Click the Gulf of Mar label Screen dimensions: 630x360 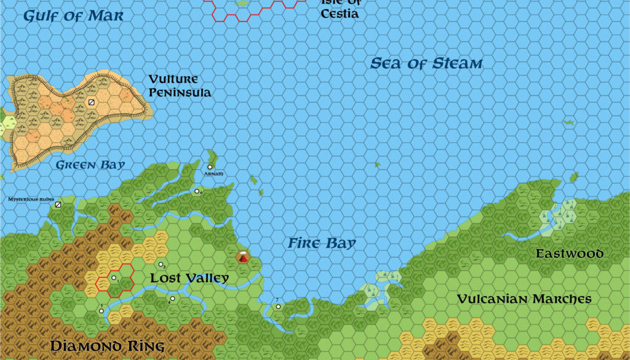coord(73,16)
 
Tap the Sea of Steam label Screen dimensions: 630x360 coord(426,63)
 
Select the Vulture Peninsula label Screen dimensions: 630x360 coord(180,86)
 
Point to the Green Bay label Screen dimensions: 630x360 coord(90,165)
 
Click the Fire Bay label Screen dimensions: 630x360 coord(322,244)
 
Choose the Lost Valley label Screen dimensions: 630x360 coord(189,278)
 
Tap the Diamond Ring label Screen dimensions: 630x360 coord(107,346)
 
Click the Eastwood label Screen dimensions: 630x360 coord(569,254)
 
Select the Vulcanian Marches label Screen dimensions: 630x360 coord(524,299)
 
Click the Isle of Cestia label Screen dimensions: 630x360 coord(339,9)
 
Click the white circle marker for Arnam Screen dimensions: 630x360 coord(210,167)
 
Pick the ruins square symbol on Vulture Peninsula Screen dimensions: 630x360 coord(92,103)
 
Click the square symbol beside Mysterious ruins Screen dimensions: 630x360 coord(58,204)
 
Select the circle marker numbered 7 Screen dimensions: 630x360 coord(278,306)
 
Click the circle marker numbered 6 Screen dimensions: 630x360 coord(197,191)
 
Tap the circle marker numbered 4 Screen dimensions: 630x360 coord(173,298)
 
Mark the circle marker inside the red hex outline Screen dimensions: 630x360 coord(114,278)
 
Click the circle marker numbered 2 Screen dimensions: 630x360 coord(161,265)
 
